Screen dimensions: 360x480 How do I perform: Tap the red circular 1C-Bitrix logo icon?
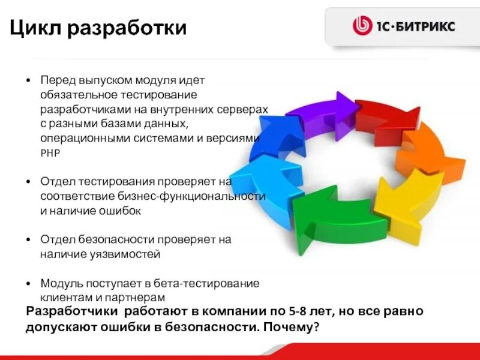362,26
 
